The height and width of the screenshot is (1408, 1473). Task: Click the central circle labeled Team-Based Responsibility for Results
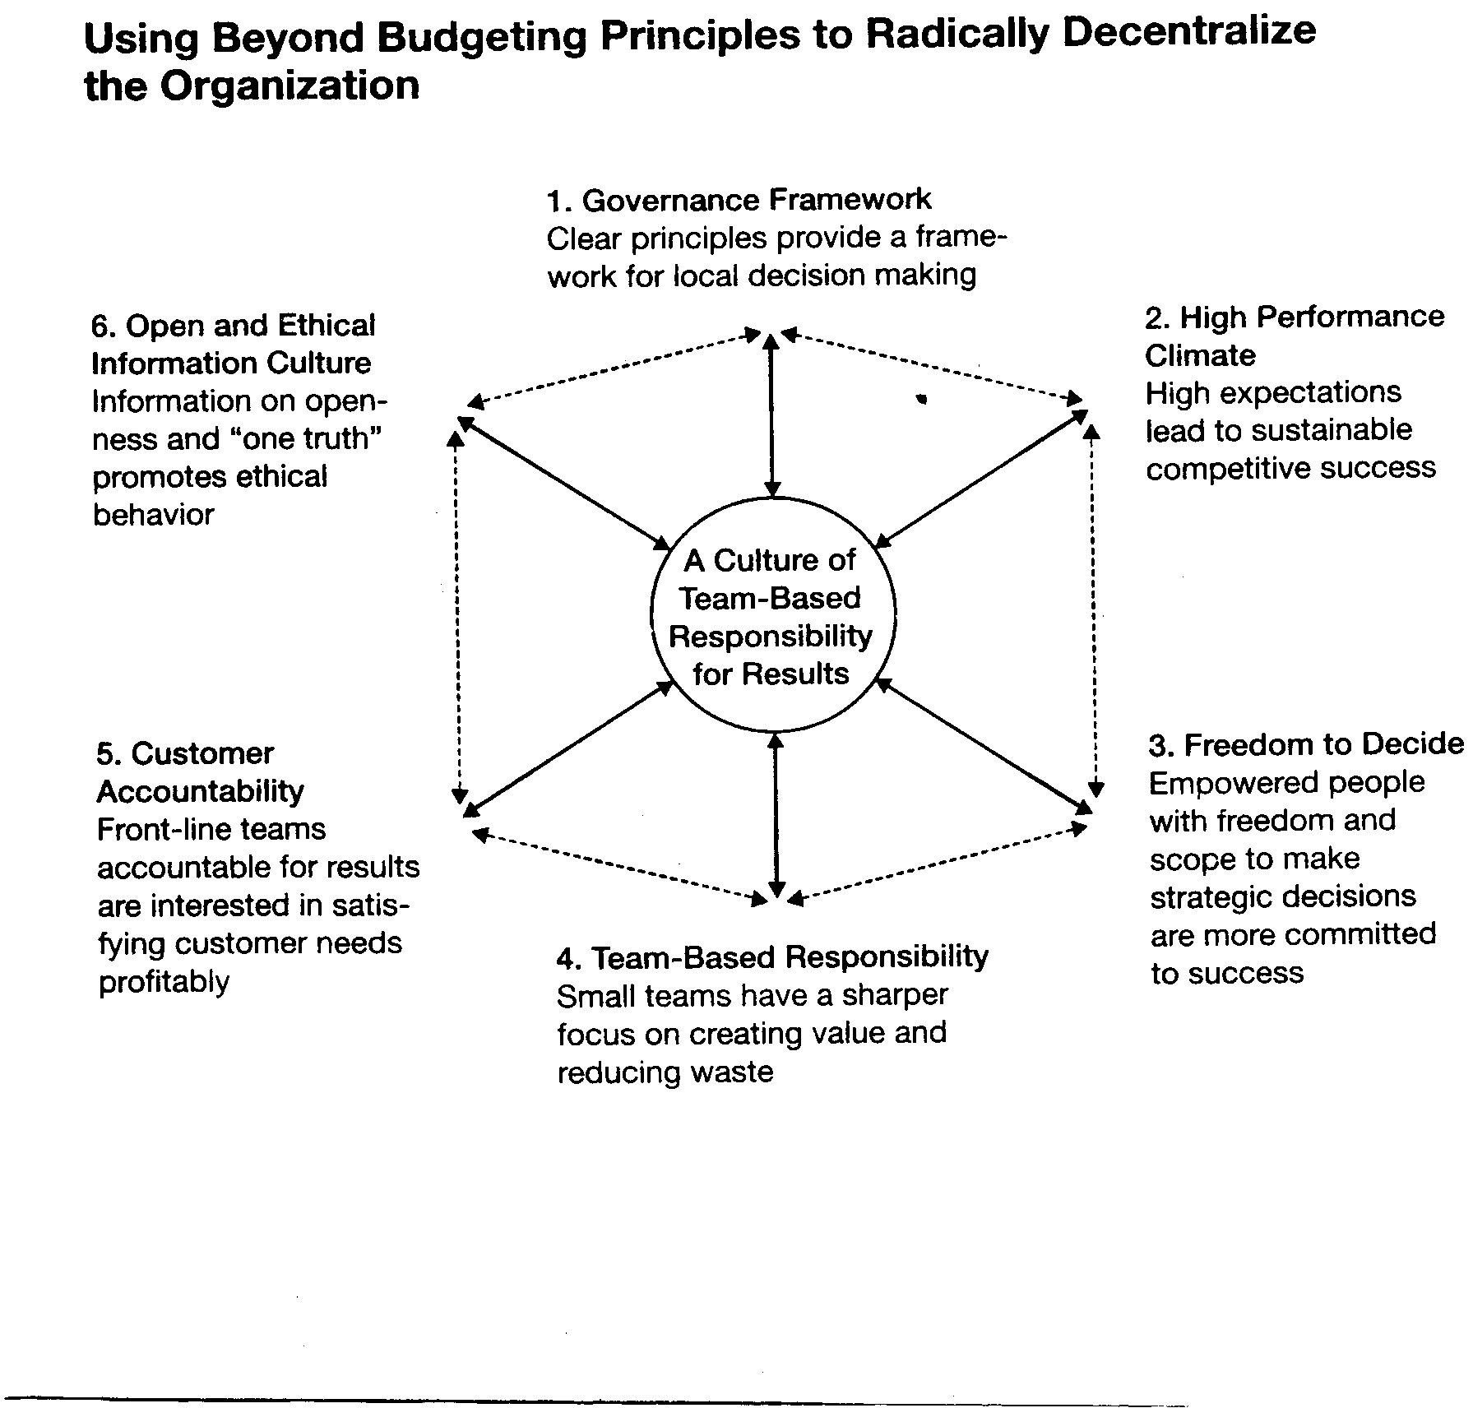coord(772,614)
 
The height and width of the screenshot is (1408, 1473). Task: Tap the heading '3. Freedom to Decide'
coord(1305,744)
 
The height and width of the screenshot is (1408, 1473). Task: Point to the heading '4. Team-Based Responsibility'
coord(772,957)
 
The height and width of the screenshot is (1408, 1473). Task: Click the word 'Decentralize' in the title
coord(1189,33)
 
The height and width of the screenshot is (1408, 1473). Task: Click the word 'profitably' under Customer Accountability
coord(164,982)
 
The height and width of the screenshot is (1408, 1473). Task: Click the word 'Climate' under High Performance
coord(1200,355)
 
